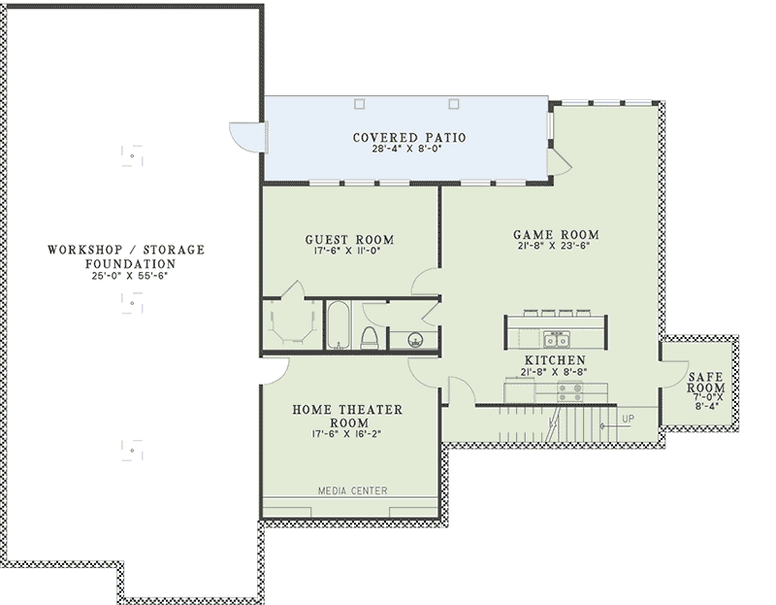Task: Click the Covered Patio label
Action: tap(409, 137)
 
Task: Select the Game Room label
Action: tap(556, 235)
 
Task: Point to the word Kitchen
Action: tap(555, 360)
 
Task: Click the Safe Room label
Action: tap(706, 383)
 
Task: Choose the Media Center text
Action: tap(352, 491)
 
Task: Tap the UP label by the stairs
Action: tap(628, 420)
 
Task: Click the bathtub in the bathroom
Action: tap(339, 325)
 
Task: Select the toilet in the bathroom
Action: tap(370, 337)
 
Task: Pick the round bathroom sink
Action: tap(415, 340)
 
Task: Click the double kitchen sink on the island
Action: tap(558, 340)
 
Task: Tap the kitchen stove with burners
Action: tap(570, 391)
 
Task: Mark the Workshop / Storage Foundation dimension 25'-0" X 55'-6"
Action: tap(130, 277)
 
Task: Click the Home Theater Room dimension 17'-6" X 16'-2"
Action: tap(346, 434)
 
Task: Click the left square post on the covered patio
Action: tap(360, 104)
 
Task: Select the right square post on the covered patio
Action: tap(454, 104)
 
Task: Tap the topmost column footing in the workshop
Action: tap(132, 156)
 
